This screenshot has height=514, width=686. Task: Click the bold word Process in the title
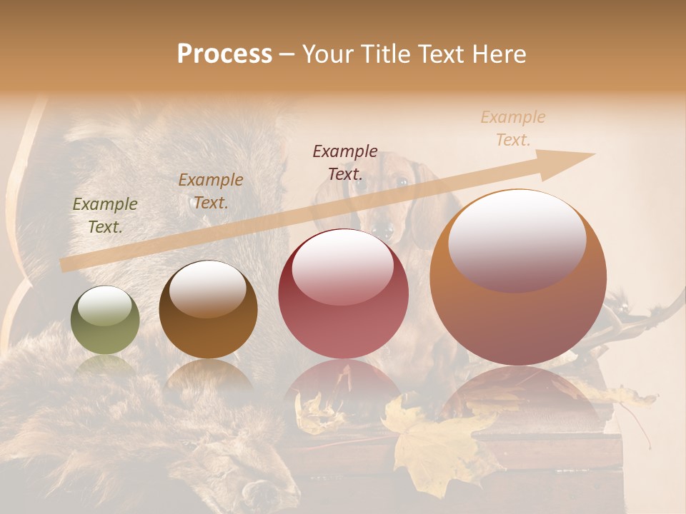coord(224,54)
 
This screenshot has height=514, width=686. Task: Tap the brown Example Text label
coord(211,191)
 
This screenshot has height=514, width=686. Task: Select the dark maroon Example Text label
coord(345,162)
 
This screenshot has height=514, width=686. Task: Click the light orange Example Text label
coord(513,128)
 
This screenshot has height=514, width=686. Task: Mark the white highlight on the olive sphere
coord(106,306)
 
